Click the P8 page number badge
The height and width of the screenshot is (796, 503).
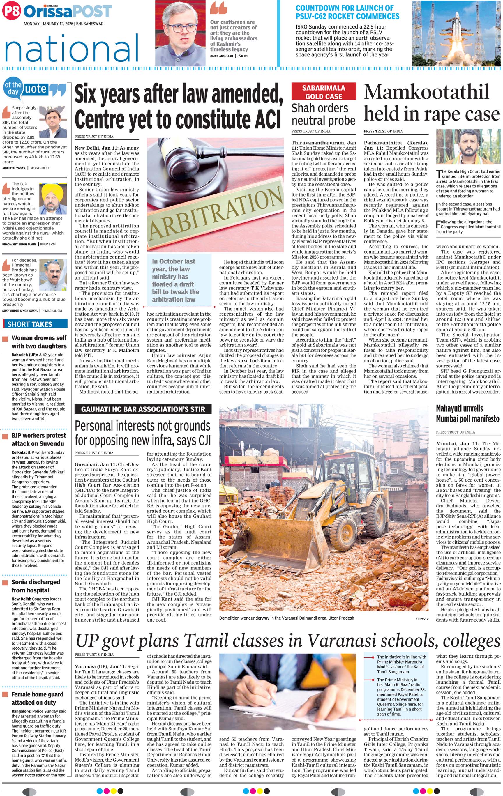[x=12, y=11]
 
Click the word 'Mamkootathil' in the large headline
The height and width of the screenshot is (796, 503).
[x=427, y=92]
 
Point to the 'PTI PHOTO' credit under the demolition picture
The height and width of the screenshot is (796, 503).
[x=422, y=618]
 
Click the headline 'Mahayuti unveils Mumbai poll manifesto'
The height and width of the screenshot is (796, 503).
[x=467, y=413]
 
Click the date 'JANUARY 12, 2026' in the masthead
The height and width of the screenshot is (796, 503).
[x=58, y=24]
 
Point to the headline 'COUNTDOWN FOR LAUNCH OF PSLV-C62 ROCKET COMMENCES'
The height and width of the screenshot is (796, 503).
[x=347, y=12]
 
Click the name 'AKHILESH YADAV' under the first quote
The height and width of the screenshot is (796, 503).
[x=14, y=168]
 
